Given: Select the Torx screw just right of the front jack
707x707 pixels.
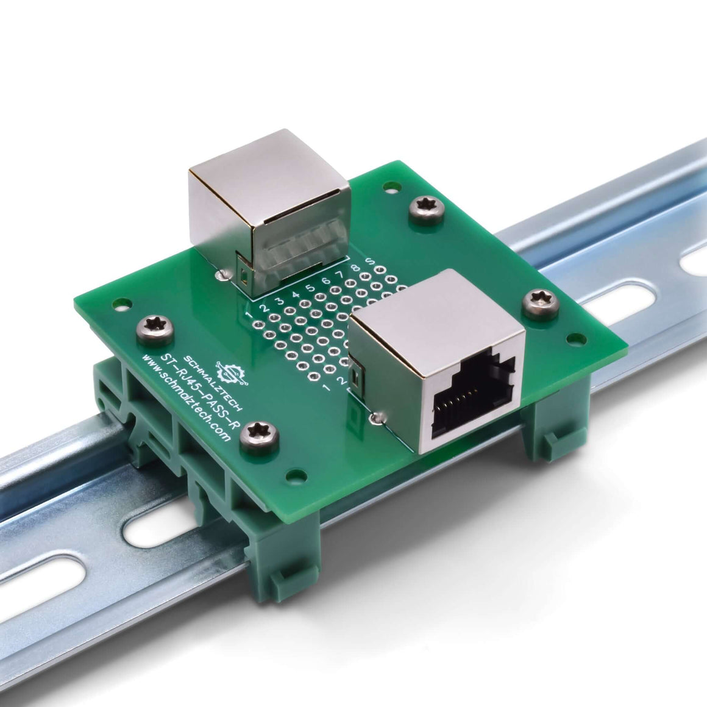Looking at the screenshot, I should click(540, 302).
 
